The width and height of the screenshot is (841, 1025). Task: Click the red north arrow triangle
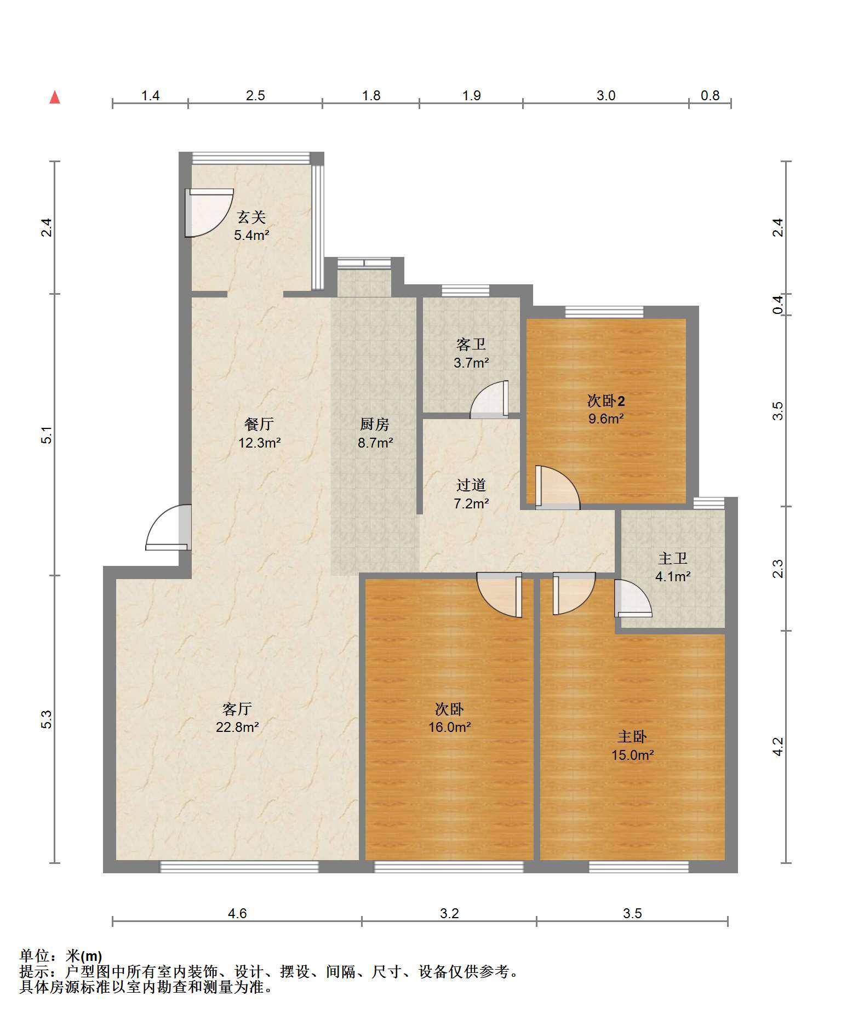(55, 98)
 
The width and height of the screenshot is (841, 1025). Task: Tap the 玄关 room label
(251, 217)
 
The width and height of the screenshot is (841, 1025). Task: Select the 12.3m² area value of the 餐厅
(259, 443)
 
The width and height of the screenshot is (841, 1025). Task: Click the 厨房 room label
(375, 424)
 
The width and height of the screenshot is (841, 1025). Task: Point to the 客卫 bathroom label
(471, 345)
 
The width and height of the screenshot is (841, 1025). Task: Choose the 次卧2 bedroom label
(606, 401)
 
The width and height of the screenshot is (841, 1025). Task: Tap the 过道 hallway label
(471, 485)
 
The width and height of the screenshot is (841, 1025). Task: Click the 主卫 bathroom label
(673, 558)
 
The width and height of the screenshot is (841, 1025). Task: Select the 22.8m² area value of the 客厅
(237, 728)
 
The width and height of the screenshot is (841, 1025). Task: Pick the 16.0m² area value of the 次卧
(450, 728)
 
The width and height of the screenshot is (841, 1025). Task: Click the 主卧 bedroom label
(632, 737)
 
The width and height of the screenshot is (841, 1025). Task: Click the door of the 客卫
(489, 399)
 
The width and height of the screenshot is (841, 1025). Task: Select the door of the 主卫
(633, 598)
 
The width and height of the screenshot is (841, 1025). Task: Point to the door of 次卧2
(557, 487)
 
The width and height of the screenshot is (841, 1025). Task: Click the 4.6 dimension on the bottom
(237, 913)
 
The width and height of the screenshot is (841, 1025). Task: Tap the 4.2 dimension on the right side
(778, 746)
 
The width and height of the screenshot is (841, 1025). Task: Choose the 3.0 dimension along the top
(606, 95)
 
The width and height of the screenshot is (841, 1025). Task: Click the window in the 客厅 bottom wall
(239, 867)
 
